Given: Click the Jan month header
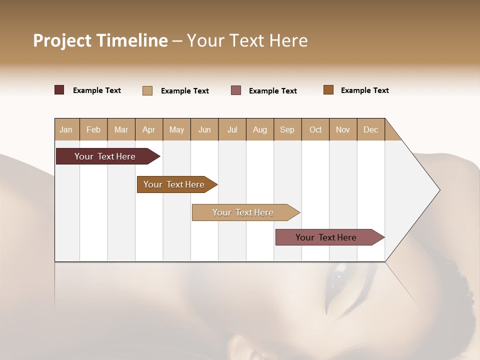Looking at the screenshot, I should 66,129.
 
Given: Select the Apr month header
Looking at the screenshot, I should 148,129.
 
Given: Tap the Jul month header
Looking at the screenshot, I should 232,129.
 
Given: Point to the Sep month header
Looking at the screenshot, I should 287,129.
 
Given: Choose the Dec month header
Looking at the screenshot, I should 370,129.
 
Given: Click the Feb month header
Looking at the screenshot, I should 93,129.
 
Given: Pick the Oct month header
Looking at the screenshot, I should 315,129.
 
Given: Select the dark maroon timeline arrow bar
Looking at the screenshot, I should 105,156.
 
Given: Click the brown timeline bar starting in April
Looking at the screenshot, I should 174,184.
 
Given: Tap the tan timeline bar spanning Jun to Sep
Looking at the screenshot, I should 243,212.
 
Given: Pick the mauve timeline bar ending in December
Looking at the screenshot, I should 326,237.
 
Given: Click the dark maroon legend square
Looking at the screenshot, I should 59,90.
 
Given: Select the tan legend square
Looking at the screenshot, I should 147,90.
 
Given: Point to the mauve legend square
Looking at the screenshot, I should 236,90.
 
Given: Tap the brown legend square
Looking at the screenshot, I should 328,90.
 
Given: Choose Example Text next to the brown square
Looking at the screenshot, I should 364,90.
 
